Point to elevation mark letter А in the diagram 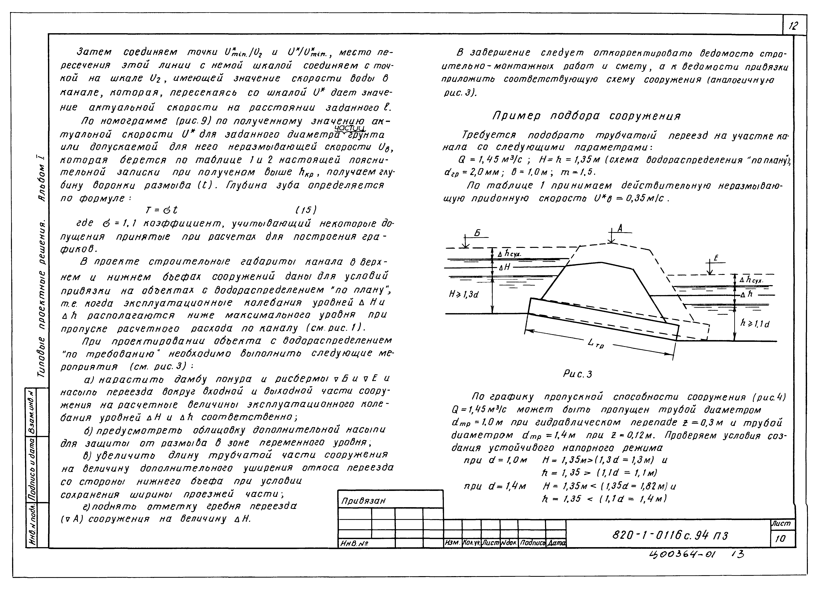620,228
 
